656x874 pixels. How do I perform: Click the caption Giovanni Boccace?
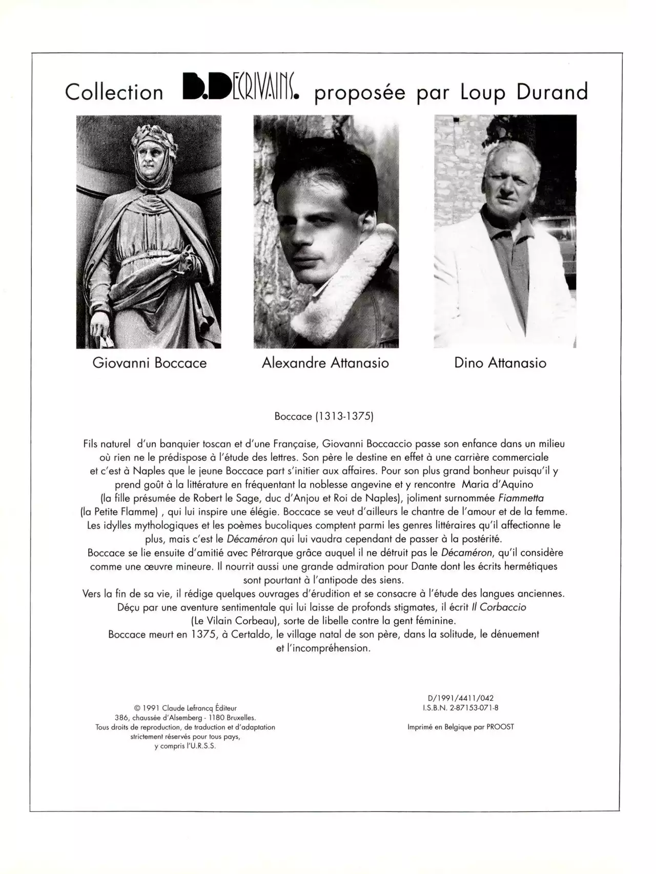pyautogui.click(x=149, y=363)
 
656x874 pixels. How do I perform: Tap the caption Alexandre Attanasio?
pyautogui.click(x=325, y=363)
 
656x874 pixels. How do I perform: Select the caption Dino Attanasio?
pyautogui.click(x=500, y=363)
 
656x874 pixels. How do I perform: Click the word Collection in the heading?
pyautogui.click(x=114, y=92)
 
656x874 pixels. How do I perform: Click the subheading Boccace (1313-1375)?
pyautogui.click(x=324, y=416)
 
